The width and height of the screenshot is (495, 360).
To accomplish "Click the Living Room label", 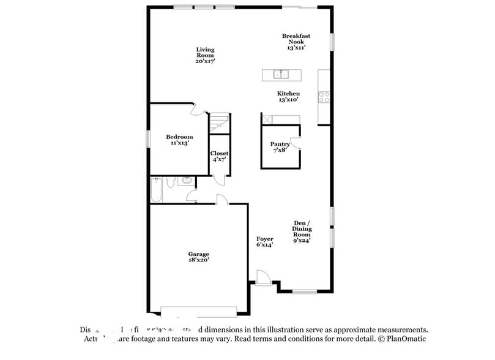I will (205, 55).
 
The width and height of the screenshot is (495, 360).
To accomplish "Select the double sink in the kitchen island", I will (281, 75).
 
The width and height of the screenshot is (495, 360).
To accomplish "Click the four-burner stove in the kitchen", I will (324, 96).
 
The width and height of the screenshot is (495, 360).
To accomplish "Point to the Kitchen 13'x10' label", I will (288, 96).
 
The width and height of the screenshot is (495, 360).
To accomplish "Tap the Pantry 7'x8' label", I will (280, 147).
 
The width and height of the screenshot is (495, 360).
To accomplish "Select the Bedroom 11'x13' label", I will (179, 140).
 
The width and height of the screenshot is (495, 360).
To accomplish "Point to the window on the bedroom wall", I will (147, 138).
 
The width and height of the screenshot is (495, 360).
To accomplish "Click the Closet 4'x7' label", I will (219, 156).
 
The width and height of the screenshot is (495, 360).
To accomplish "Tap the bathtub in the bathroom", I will (156, 190).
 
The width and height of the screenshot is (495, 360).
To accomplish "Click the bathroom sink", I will (186, 181).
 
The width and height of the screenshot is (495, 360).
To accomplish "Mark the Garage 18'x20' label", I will (198, 257).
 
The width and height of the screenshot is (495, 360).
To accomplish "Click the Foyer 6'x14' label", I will (264, 241).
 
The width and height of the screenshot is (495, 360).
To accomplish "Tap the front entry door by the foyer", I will (262, 278).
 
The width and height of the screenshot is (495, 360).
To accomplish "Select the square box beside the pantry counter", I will (267, 119).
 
